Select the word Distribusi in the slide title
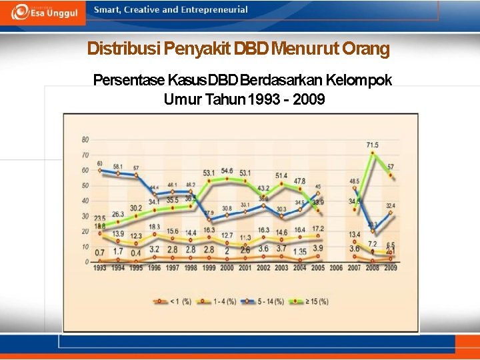(x=123, y=49)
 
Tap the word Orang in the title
(x=365, y=49)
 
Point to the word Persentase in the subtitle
(x=129, y=81)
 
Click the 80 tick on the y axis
(x=85, y=139)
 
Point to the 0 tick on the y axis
(x=87, y=262)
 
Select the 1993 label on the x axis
(x=100, y=268)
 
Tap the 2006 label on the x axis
(x=336, y=268)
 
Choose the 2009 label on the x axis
(x=390, y=268)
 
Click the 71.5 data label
(x=373, y=145)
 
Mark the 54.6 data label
(x=227, y=171)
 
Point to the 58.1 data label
(x=118, y=166)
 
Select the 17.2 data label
(x=318, y=229)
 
